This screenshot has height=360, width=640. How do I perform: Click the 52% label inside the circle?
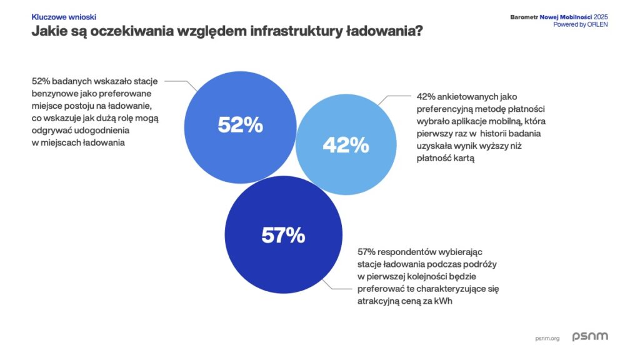pyautogui.click(x=241, y=124)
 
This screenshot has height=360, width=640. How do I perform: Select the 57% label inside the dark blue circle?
pyautogui.click(x=283, y=235)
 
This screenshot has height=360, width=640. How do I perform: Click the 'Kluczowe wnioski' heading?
pyautogui.click(x=64, y=17)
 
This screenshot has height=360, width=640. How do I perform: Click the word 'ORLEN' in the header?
pyautogui.click(x=596, y=24)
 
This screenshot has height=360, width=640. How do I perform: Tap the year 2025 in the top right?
pyautogui.click(x=601, y=16)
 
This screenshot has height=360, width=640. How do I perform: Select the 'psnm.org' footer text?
pyautogui.click(x=547, y=338)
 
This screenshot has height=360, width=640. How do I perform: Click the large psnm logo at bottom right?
pyautogui.click(x=590, y=336)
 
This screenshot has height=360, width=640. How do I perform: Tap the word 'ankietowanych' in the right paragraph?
pyautogui.click(x=464, y=97)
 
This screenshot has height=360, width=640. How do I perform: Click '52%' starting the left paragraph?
pyautogui.click(x=41, y=81)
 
